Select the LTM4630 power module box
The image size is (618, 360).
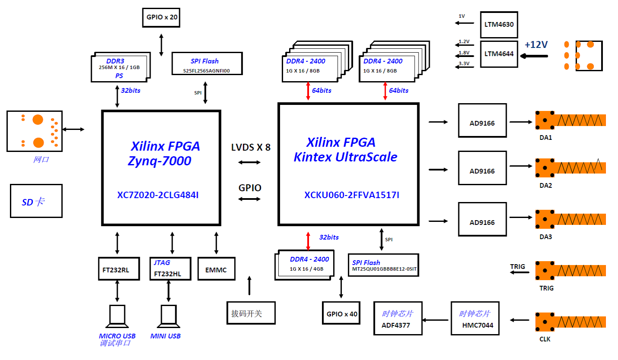click(499, 25)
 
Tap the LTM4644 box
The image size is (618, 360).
click(499, 54)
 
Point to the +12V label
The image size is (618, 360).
click(536, 44)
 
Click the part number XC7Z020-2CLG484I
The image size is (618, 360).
click(158, 195)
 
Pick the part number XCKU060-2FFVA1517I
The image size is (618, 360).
click(352, 195)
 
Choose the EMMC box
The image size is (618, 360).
click(216, 271)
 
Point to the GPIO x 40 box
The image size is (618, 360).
click(341, 313)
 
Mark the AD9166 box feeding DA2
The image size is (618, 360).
click(482, 171)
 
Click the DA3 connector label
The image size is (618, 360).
click(545, 237)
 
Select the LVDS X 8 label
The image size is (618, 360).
click(251, 147)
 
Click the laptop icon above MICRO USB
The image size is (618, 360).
click(117, 316)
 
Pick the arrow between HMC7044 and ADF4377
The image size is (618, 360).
click(436, 320)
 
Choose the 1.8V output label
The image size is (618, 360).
click(464, 53)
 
